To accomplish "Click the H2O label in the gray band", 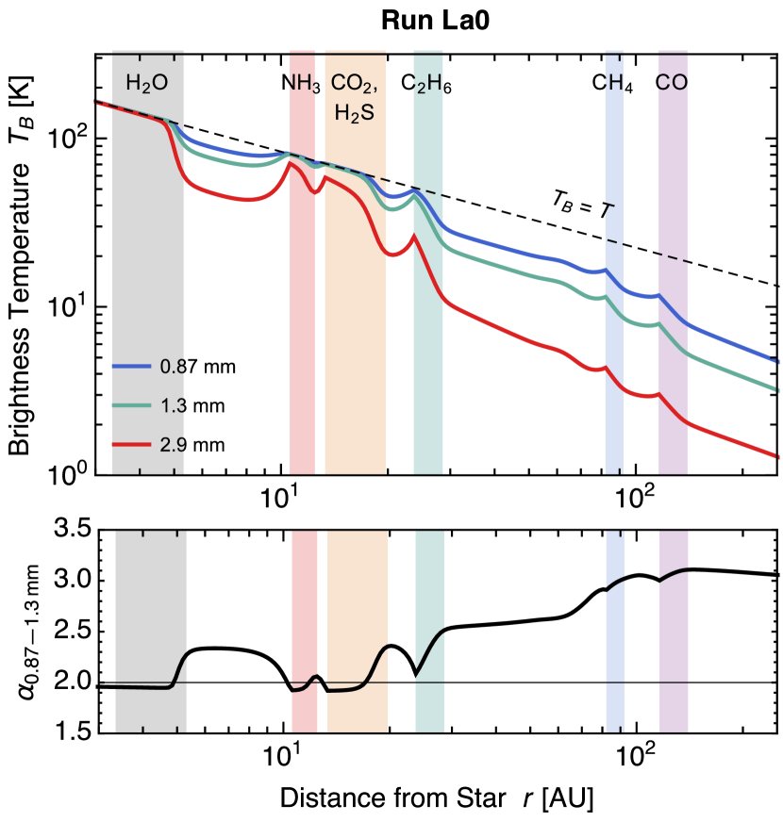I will pos(146,84).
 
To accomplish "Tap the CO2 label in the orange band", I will pos(354,84).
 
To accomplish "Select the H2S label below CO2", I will pos(354,113).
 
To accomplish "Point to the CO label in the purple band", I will pos(672,83).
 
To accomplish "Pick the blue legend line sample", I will pos(132,367).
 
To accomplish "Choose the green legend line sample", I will pos(132,405).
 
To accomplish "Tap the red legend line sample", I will pos(132,444).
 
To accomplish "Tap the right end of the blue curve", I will pos(775,360).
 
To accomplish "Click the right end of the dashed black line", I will pos(689,261).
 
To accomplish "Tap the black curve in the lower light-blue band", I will pos(614,584).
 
